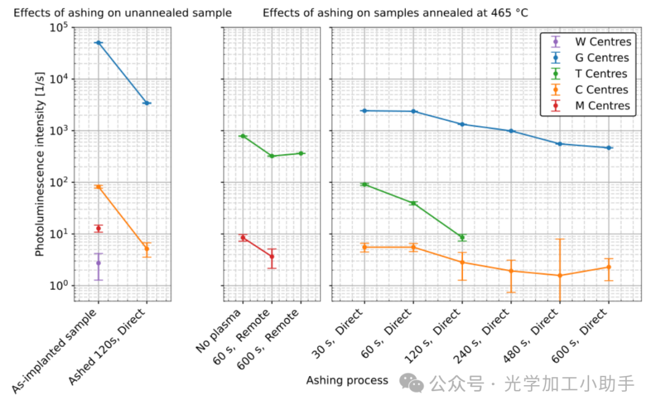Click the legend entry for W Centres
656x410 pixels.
point(603,42)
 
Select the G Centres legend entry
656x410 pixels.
point(602,58)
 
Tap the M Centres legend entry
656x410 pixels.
point(602,106)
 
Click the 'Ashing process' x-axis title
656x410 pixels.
point(347,381)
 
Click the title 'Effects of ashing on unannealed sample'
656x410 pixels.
point(122,13)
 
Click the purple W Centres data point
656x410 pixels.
point(98,263)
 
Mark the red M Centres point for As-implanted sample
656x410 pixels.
point(98,228)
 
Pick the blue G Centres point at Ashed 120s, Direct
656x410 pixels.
point(146,103)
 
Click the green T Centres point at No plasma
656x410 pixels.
point(242,136)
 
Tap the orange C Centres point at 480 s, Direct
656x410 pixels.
point(559,275)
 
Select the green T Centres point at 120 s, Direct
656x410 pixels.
point(462,237)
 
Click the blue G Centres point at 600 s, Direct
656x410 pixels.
point(609,148)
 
